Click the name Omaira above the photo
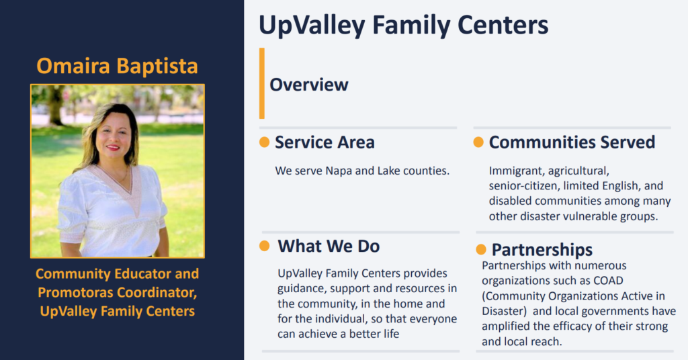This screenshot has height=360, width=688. click(73, 66)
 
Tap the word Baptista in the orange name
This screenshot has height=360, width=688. click(157, 66)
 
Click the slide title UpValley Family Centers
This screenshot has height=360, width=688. click(403, 26)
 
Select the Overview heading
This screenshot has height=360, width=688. click(309, 85)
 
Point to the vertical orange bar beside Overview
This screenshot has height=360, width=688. click(262, 83)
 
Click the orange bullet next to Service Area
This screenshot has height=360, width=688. click(264, 142)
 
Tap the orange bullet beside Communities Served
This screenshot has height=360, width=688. click(478, 142)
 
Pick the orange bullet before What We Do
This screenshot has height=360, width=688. click(264, 246)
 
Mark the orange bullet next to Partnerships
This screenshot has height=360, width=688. click(481, 249)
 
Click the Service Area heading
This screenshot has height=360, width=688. click(325, 142)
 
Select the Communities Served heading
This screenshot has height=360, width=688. click(572, 142)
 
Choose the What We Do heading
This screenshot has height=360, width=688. click(329, 246)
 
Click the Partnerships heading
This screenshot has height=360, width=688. click(542, 250)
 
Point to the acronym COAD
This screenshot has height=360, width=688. click(608, 281)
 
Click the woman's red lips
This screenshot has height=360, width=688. click(113, 147)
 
